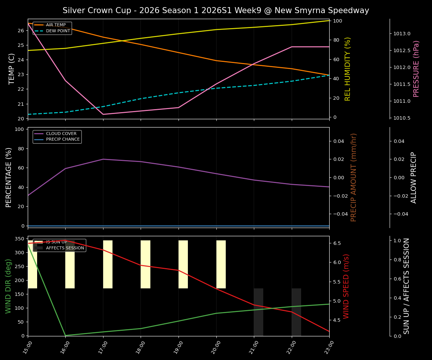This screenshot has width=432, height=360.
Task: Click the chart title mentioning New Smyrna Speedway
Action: click(216, 10)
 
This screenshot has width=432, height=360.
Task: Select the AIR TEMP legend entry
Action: click(55, 25)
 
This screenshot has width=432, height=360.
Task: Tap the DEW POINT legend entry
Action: click(58, 31)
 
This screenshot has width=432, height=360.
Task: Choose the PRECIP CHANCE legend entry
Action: click(63, 139)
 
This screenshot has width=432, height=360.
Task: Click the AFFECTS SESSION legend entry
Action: click(65, 248)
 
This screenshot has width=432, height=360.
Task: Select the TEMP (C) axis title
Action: click(12, 69)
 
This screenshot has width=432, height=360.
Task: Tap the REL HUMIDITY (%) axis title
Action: click(348, 69)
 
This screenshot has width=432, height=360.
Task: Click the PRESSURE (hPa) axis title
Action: click(416, 69)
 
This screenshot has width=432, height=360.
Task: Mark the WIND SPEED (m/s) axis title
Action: click(346, 286)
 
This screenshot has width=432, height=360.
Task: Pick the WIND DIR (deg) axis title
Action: click(8, 286)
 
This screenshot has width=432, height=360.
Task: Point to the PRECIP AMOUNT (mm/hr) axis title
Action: click(354, 177)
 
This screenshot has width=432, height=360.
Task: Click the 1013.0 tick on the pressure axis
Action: click(402, 34)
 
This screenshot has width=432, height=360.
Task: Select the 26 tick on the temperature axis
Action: click(21, 31)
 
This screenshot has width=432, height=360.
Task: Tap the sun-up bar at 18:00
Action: click(145, 264)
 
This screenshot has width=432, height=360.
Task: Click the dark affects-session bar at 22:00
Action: click(296, 312)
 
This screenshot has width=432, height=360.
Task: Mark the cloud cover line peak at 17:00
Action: click(103, 159)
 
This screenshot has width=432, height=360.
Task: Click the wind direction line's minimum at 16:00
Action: click(65, 335)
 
